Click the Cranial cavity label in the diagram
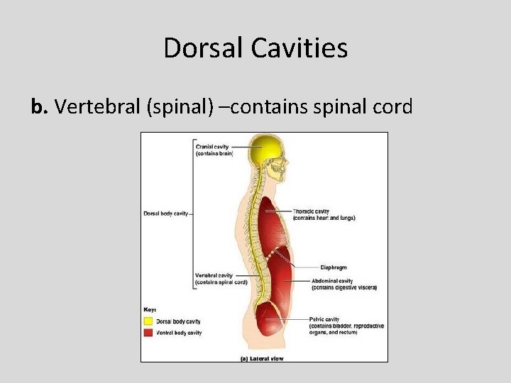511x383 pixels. click(214, 150)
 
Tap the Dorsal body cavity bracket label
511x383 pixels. click(165, 213)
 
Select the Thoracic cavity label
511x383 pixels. click(323, 214)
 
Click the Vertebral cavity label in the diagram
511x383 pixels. click(221, 279)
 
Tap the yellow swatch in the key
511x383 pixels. click(148, 321)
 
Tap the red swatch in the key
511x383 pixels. click(148, 332)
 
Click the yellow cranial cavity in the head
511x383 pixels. click(263, 151)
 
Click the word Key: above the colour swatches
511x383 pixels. click(149, 310)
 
